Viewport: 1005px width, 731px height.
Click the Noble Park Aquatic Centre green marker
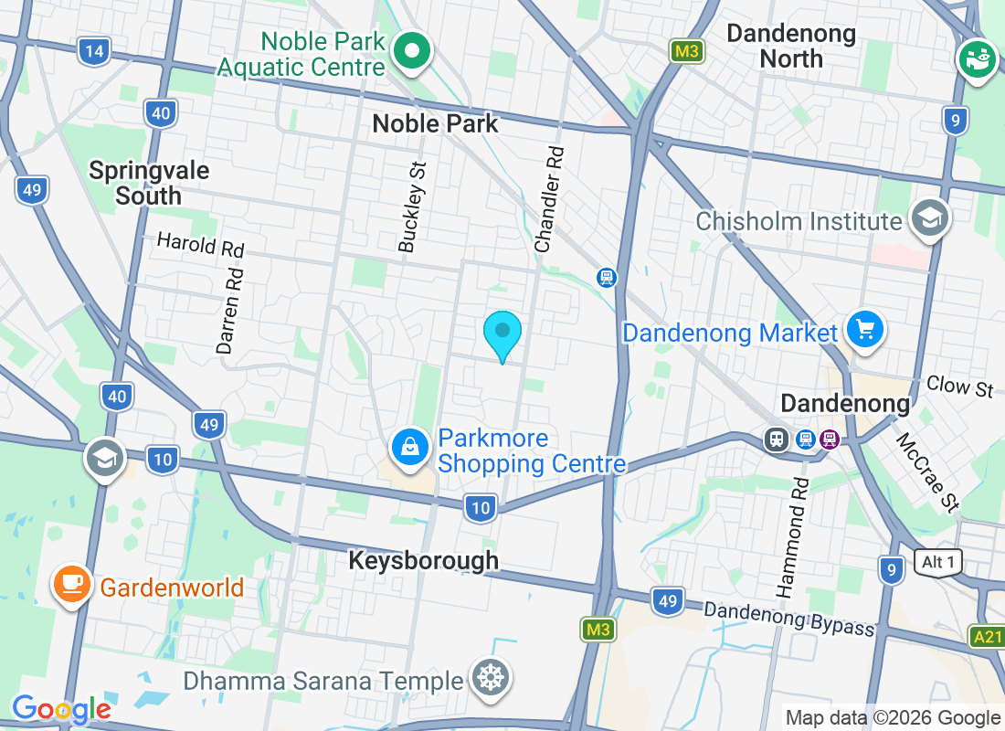coord(412,52)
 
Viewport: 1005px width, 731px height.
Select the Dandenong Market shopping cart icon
coord(864,329)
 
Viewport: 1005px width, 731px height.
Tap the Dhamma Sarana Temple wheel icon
coord(491,678)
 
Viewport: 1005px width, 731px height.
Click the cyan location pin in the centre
coord(503,333)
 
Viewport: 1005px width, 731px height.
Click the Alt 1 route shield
coord(938,562)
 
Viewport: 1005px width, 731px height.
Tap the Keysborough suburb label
coord(424,560)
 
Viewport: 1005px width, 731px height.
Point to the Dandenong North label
coord(791,47)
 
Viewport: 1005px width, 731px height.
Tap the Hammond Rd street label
coord(792,538)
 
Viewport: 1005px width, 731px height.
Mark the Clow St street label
coord(959,387)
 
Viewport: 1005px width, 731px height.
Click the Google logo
coord(61,709)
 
